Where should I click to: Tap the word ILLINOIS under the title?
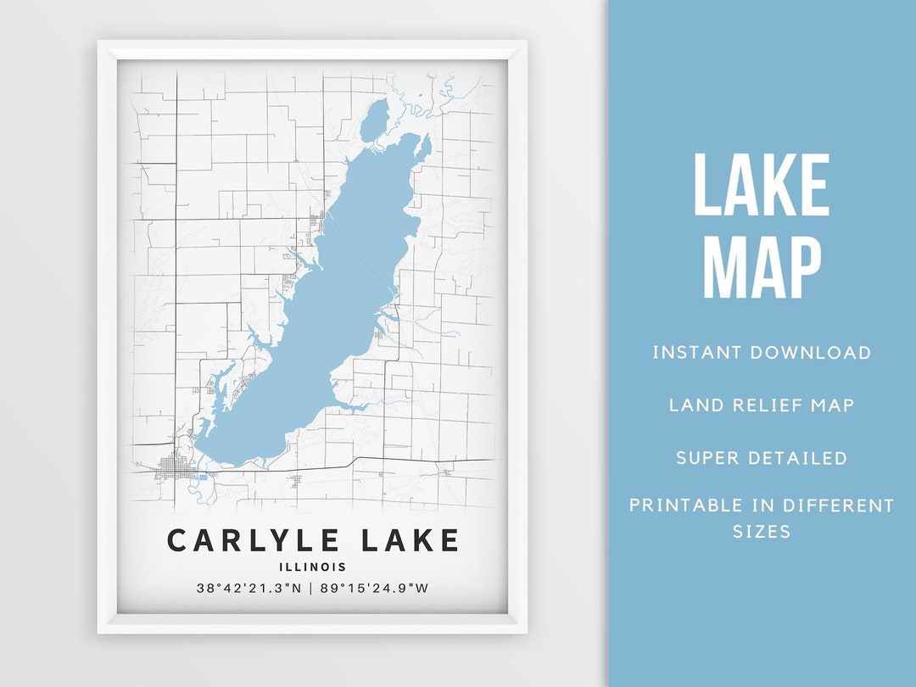pos(313,567)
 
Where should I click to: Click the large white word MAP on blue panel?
pos(761,267)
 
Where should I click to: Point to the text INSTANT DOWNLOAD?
pos(761,353)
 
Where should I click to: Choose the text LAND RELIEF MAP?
pos(761,405)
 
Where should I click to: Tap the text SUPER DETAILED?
pos(761,458)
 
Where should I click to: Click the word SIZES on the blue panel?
pos(761,532)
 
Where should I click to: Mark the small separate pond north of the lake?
pos(373,120)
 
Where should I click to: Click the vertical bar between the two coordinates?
pos(312,588)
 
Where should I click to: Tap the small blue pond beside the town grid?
pos(203,477)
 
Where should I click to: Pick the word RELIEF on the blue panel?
pos(767,405)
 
